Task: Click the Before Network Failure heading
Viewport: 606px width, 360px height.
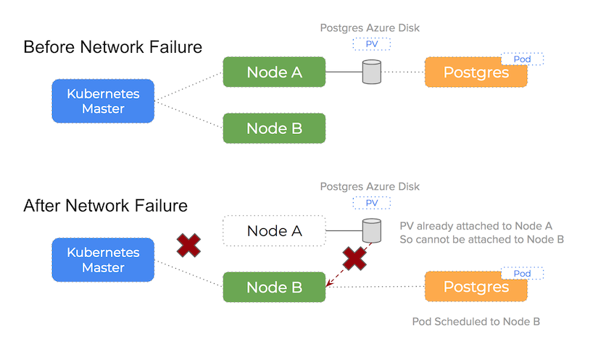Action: pyautogui.click(x=112, y=47)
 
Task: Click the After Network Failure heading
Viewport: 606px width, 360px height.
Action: pyautogui.click(x=105, y=206)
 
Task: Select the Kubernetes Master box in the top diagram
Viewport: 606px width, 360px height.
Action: pyautogui.click(x=103, y=101)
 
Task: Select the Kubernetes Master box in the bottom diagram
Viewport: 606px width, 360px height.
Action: pyautogui.click(x=103, y=260)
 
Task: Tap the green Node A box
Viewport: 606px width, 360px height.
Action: pyautogui.click(x=274, y=72)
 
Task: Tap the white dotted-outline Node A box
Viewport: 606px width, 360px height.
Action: pyautogui.click(x=274, y=231)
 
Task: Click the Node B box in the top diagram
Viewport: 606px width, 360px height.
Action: pyautogui.click(x=274, y=128)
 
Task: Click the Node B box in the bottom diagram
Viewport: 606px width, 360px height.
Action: pyautogui.click(x=274, y=287)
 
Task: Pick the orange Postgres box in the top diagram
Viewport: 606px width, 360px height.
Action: pyautogui.click(x=476, y=72)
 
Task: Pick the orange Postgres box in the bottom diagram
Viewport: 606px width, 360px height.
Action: pyautogui.click(x=476, y=287)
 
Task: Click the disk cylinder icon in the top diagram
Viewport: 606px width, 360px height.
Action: pyautogui.click(x=371, y=72)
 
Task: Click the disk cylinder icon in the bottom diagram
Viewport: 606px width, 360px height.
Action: pyautogui.click(x=371, y=231)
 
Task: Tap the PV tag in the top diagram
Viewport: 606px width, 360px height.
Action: pyautogui.click(x=371, y=44)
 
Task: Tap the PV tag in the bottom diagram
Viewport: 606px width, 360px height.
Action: pyautogui.click(x=371, y=203)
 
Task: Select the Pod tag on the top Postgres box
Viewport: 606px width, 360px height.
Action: pyautogui.click(x=522, y=59)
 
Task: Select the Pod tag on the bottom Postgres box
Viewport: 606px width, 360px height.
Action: pyautogui.click(x=522, y=273)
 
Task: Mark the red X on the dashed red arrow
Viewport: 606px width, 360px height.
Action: pyautogui.click(x=354, y=259)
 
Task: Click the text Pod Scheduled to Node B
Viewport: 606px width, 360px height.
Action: pyautogui.click(x=476, y=322)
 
